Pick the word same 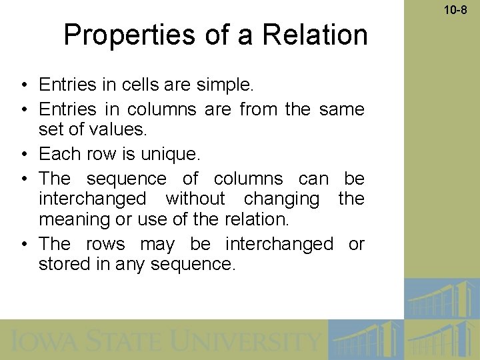pyautogui.click(x=341, y=109)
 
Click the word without pyautogui.click(x=195, y=199)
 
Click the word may pyautogui.click(x=157, y=244)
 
